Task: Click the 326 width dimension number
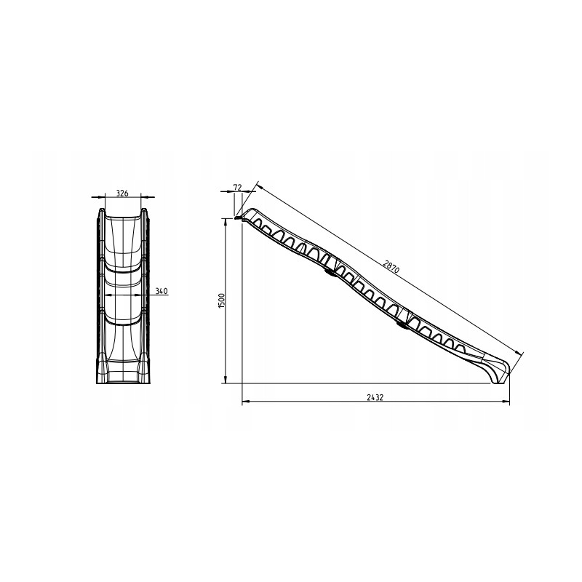(122, 193)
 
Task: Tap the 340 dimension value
(162, 291)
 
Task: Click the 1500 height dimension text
(222, 300)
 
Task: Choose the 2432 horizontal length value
(376, 397)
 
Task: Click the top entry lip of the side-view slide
(241, 215)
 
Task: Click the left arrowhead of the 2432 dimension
(244, 402)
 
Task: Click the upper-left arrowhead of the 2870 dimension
(258, 185)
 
